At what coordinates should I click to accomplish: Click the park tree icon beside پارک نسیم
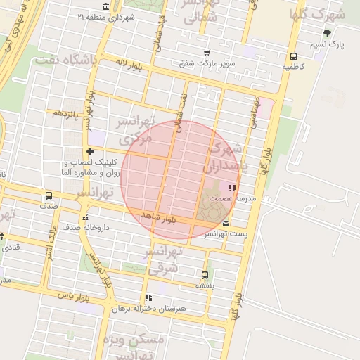[327, 33]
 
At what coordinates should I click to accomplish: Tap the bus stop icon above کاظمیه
[293, 57]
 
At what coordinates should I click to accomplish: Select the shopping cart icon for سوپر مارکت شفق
[206, 53]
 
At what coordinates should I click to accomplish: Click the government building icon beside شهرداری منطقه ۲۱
[105, 6]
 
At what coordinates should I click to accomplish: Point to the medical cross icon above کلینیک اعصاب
[89, 151]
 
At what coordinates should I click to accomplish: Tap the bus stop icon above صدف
[49, 196]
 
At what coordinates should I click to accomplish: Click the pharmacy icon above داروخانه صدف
[86, 217]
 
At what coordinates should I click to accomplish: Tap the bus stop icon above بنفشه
[205, 276]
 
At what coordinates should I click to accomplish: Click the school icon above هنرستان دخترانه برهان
[148, 297]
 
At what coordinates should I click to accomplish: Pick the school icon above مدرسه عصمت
[231, 188]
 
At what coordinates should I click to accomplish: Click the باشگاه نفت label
[89, 60]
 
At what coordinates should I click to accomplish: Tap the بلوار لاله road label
[130, 66]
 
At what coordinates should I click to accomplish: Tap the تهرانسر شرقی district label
[165, 260]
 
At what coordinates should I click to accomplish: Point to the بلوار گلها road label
[265, 160]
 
